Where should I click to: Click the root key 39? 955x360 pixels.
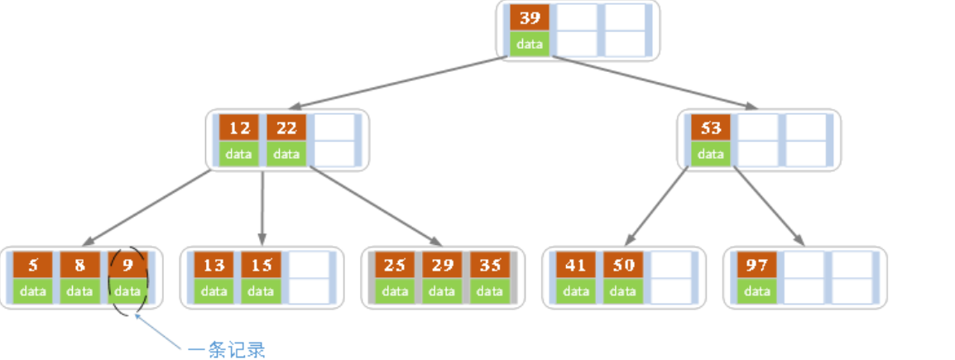click(530, 17)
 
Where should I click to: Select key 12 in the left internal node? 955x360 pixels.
click(238, 128)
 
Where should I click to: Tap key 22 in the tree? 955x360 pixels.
click(286, 128)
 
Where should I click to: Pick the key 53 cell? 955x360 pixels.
click(710, 128)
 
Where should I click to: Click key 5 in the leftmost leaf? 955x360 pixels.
click(33, 265)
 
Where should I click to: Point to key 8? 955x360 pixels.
click(79, 265)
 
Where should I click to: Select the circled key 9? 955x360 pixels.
click(128, 265)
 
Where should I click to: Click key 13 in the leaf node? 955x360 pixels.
click(214, 265)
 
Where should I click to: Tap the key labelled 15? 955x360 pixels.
click(261, 265)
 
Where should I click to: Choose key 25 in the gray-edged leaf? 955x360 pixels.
click(395, 265)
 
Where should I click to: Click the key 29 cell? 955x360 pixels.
click(442, 265)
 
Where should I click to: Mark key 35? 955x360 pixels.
click(490, 265)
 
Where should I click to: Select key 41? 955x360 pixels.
click(575, 265)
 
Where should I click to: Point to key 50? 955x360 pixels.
click(622, 265)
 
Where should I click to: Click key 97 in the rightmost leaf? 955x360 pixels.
click(756, 265)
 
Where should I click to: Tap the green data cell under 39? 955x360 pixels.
click(530, 44)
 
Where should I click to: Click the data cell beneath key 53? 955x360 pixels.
click(710, 154)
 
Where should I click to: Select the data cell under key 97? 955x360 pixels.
click(756, 291)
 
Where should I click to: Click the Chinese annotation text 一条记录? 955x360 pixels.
click(227, 349)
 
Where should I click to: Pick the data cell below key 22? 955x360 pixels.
click(286, 154)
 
